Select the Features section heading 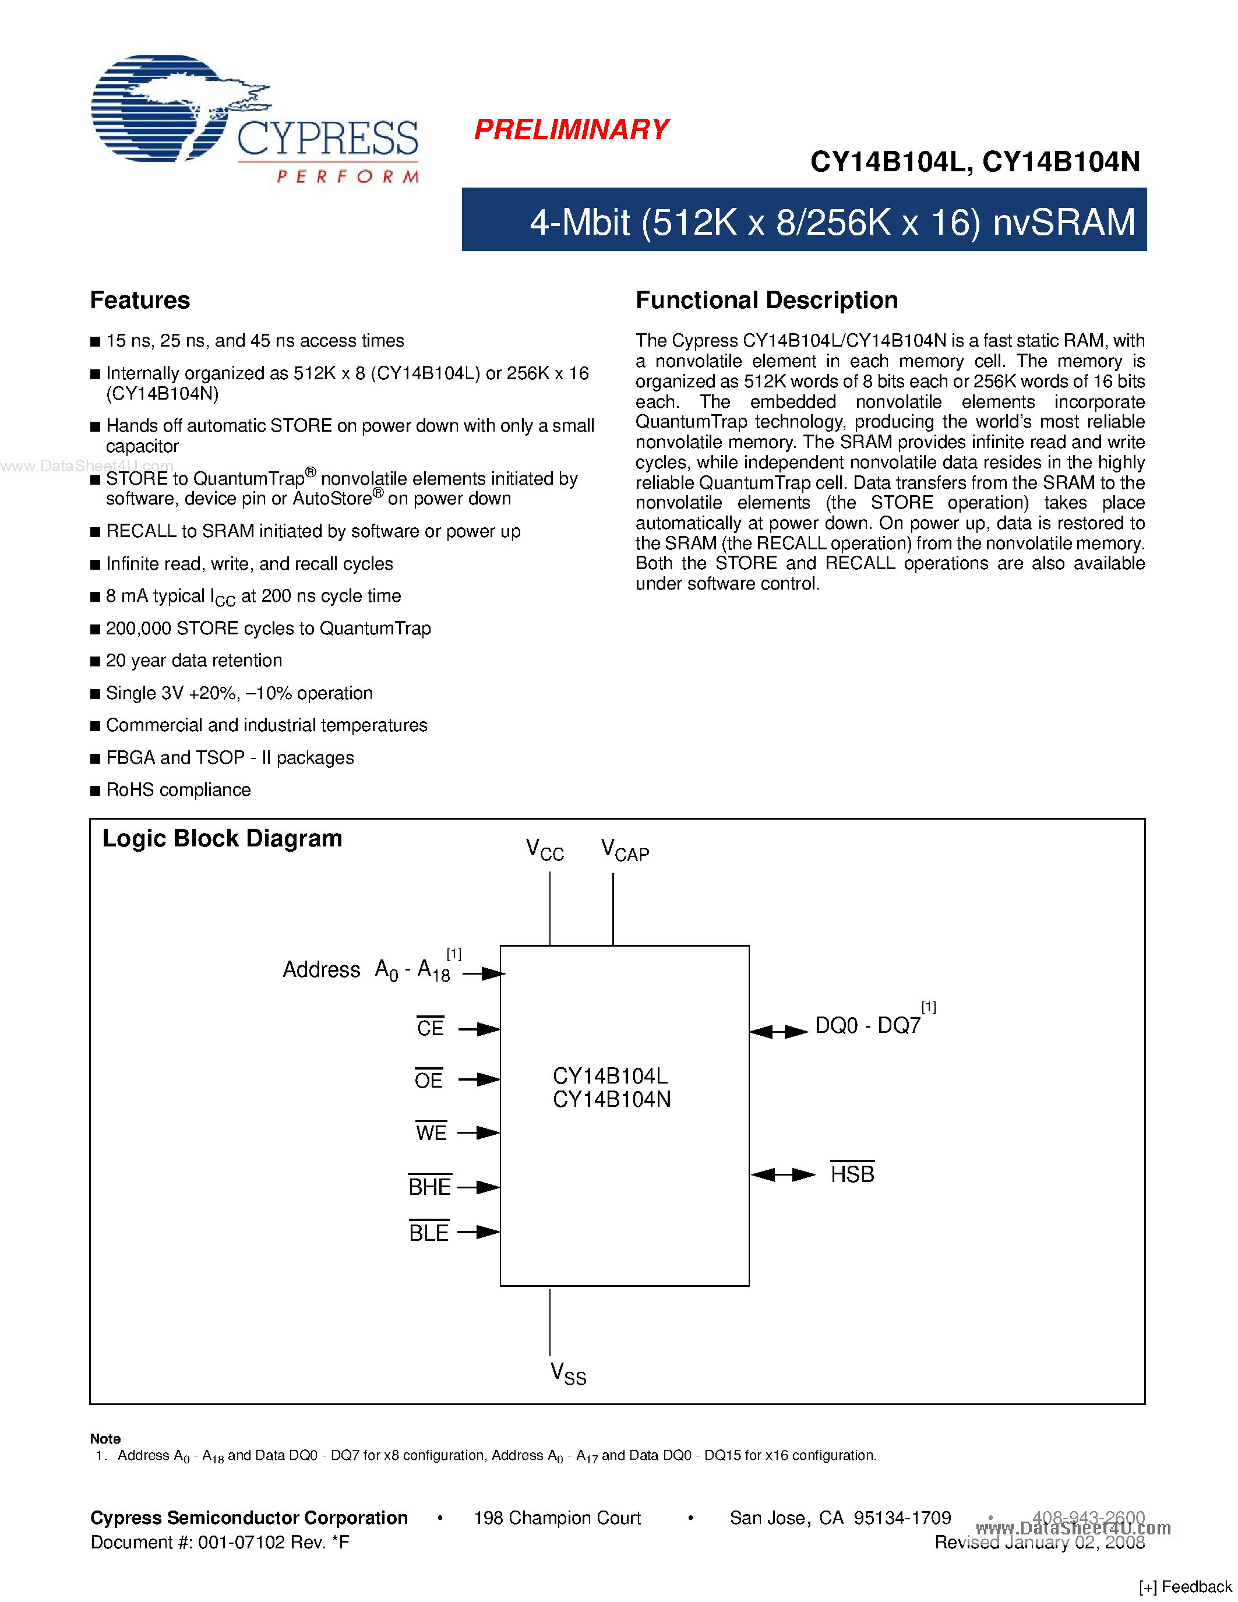point(140,300)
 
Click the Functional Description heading point(767,300)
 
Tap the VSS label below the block point(567,1373)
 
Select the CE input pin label point(430,1028)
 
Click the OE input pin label point(428,1079)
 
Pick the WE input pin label point(431,1132)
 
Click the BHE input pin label point(430,1187)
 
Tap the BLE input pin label point(429,1232)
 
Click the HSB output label point(852,1174)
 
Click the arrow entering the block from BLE point(479,1232)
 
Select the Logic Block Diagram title point(222,838)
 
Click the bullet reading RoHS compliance point(178,790)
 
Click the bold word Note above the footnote point(105,1438)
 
